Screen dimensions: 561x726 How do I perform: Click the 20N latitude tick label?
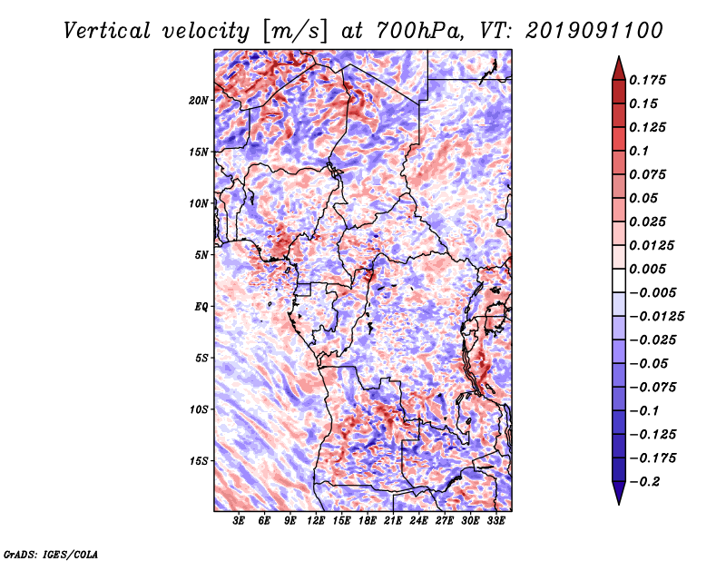[x=199, y=100]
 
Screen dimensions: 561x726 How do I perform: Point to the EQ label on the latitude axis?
[x=201, y=307]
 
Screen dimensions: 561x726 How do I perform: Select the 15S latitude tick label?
[x=199, y=461]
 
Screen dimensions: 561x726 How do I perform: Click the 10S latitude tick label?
[x=199, y=409]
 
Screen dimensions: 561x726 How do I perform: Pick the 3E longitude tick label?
[x=240, y=522]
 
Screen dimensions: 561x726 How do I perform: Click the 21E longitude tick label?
[x=393, y=522]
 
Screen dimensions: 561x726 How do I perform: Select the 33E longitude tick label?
[x=495, y=522]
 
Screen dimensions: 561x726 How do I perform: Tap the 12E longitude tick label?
[x=317, y=522]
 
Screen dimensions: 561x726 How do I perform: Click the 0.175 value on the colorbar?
[x=650, y=80]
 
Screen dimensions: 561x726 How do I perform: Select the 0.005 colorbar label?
[x=650, y=269]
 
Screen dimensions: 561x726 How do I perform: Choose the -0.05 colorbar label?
[x=652, y=363]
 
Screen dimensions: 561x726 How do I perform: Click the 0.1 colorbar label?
[x=640, y=151]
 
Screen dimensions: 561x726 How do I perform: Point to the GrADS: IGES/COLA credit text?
[x=50, y=553]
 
